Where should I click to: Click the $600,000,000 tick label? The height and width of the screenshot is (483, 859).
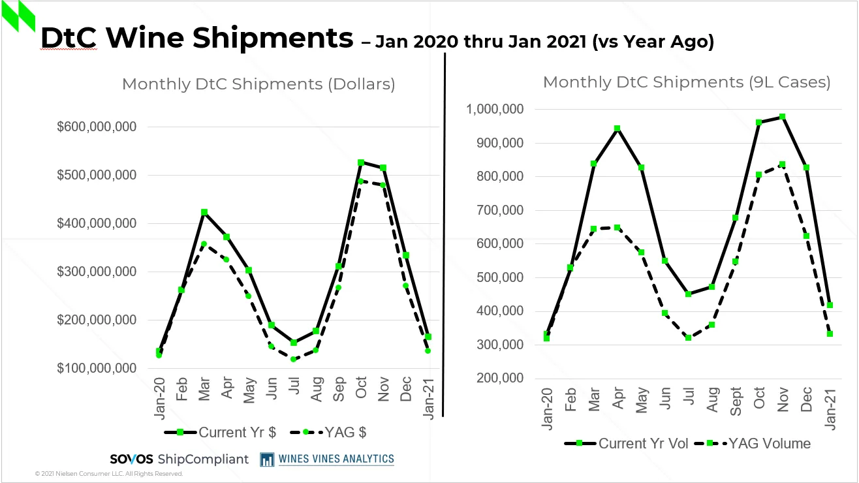(97, 127)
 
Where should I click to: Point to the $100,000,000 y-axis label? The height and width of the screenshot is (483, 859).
(97, 368)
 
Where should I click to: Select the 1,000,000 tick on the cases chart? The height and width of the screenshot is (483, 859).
(494, 109)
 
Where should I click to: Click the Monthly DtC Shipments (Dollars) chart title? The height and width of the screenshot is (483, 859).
(258, 84)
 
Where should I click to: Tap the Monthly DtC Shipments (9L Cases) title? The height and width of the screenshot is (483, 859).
(687, 82)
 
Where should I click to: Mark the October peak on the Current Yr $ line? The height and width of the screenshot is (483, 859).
(360, 163)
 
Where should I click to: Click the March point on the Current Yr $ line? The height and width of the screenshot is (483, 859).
(204, 212)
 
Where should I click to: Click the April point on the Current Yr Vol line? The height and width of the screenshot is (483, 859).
(617, 129)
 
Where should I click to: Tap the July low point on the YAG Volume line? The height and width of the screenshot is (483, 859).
(688, 337)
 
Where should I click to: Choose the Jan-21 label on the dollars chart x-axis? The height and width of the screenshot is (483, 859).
(428, 399)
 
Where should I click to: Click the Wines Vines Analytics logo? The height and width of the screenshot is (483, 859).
(327, 459)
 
